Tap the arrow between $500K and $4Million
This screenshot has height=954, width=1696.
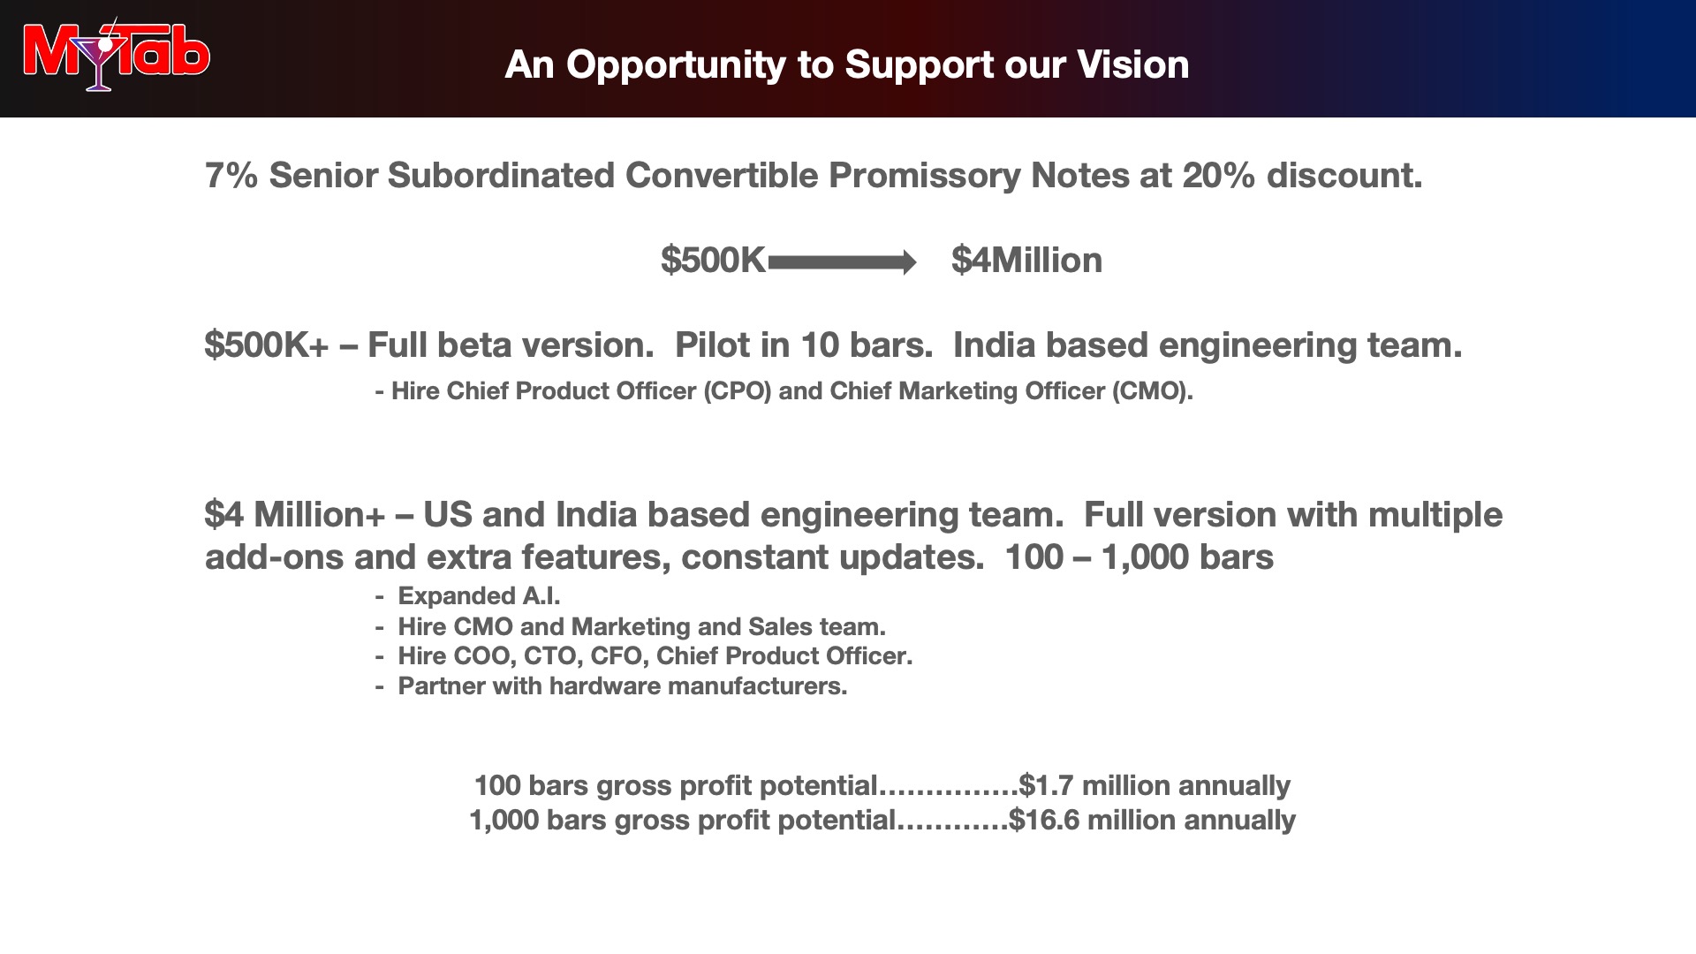(x=843, y=262)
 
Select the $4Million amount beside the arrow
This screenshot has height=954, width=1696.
(x=1026, y=261)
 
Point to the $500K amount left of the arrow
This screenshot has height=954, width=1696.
(x=713, y=261)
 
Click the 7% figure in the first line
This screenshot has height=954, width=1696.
(x=231, y=176)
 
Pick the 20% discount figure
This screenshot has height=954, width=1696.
(x=1218, y=176)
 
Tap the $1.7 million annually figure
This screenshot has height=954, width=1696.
(x=1155, y=785)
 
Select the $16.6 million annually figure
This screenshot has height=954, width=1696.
(x=1152, y=820)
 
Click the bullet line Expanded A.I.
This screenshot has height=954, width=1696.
(x=468, y=596)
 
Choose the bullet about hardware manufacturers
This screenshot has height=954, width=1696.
(x=611, y=686)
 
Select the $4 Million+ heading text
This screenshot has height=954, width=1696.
(x=295, y=515)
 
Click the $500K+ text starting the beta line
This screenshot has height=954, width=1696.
(x=267, y=345)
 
